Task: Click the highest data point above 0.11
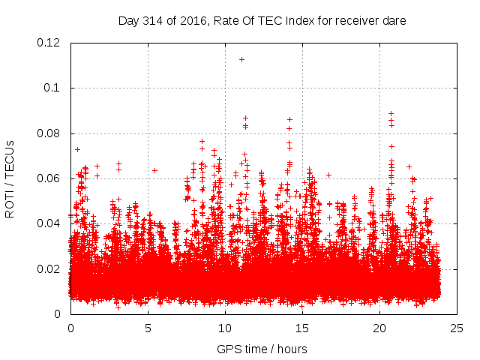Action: (241, 59)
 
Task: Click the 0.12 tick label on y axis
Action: (50, 43)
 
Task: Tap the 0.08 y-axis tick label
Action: (50, 133)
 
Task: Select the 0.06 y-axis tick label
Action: (50, 178)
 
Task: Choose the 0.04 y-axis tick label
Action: (50, 223)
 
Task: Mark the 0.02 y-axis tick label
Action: (50, 269)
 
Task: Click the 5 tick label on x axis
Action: (148, 328)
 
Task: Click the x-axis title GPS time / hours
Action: (262, 349)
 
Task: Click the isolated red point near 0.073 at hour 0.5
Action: (77, 149)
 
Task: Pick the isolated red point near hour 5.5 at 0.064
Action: (154, 170)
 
